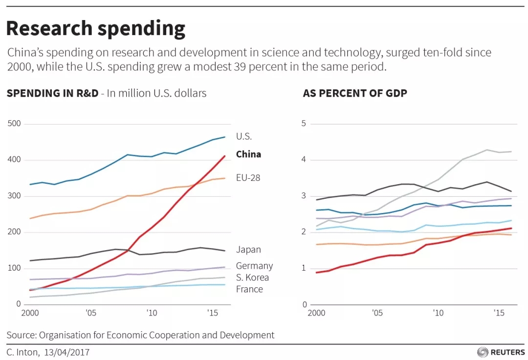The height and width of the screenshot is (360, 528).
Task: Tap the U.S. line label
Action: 244,137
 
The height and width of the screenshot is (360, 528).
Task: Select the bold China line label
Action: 248,154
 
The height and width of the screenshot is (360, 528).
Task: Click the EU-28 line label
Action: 248,178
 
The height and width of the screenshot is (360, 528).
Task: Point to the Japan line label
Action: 248,250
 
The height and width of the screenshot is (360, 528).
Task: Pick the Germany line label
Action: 254,266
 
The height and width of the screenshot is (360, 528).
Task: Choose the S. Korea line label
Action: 252,277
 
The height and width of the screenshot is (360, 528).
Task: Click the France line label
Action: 249,289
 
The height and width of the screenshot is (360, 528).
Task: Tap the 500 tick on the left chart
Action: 14,124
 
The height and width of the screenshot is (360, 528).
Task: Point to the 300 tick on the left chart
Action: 14,196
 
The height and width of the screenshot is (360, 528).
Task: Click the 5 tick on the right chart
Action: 304,124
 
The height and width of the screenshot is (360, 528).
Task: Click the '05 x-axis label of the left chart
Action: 91,313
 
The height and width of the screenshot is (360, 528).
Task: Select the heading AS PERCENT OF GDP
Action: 355,93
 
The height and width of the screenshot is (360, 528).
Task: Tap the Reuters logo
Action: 501,352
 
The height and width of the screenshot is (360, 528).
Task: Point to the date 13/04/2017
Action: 66,352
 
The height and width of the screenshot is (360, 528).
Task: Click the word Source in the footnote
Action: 21,335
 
